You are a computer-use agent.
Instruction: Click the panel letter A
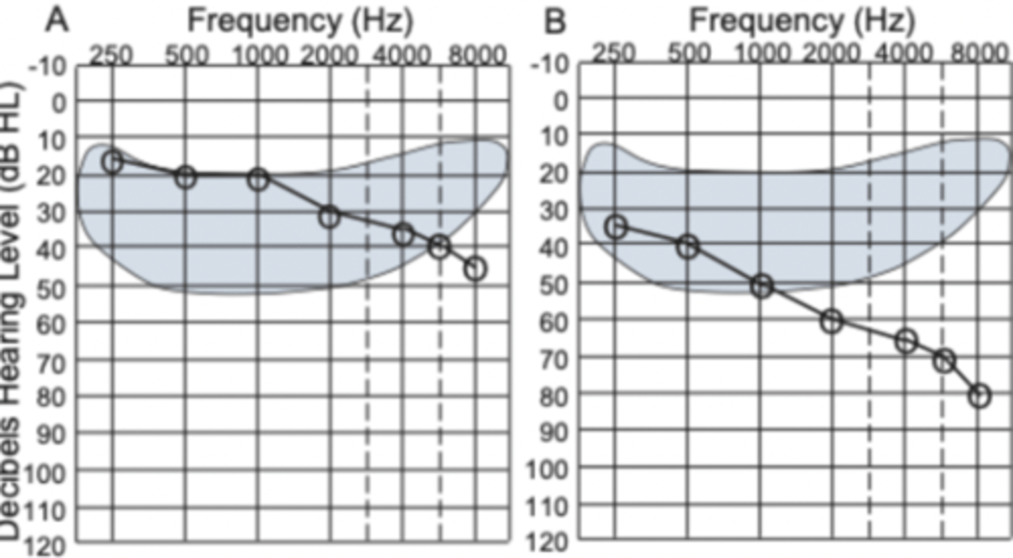[x=58, y=21]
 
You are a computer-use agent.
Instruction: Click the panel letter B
[x=555, y=21]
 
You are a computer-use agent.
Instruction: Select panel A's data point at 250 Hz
[x=112, y=162]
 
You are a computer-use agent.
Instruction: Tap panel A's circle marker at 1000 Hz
[x=258, y=179]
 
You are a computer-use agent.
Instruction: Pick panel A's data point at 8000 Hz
[x=476, y=269]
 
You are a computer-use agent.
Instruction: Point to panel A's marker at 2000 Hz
[x=329, y=216]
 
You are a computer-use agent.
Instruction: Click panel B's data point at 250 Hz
[x=616, y=226]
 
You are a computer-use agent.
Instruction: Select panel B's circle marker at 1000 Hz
[x=761, y=286]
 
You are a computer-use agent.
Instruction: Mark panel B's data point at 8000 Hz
[x=979, y=396]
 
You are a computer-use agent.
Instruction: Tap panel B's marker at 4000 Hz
[x=906, y=341]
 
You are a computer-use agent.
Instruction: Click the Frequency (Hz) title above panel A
[x=299, y=21]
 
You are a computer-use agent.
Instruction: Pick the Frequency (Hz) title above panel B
[x=801, y=21]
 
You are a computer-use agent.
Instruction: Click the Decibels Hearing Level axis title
[x=13, y=309]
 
